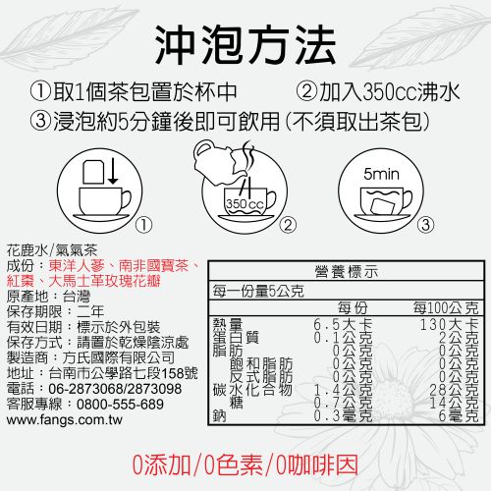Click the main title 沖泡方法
coord(245,45)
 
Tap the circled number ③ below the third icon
coord(425,225)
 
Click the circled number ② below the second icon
coord(288,225)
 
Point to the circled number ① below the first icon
coord(143,225)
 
